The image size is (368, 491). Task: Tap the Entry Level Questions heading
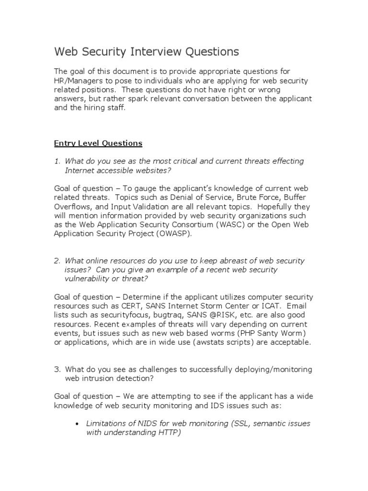point(98,143)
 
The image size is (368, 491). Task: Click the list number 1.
point(56,161)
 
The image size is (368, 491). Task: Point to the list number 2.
point(56,261)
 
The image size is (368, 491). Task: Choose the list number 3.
point(56,369)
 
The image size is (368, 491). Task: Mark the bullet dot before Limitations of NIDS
point(77,424)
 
